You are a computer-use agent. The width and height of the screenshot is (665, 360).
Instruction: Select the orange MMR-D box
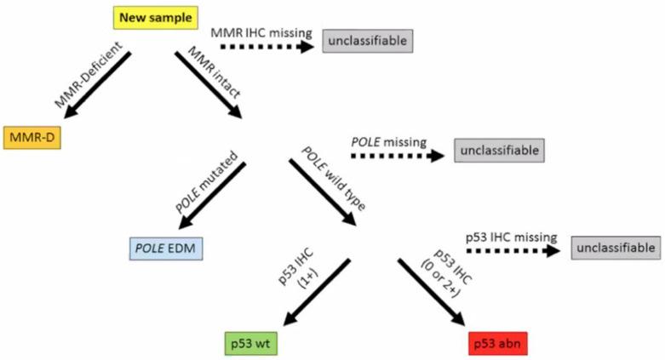[32, 137]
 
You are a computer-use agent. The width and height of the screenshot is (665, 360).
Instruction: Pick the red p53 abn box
[498, 344]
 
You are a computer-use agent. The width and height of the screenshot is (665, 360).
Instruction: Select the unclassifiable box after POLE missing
[499, 151]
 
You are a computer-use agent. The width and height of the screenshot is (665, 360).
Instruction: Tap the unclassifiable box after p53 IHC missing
[616, 249]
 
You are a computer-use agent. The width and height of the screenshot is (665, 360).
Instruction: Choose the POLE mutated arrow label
[198, 185]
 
